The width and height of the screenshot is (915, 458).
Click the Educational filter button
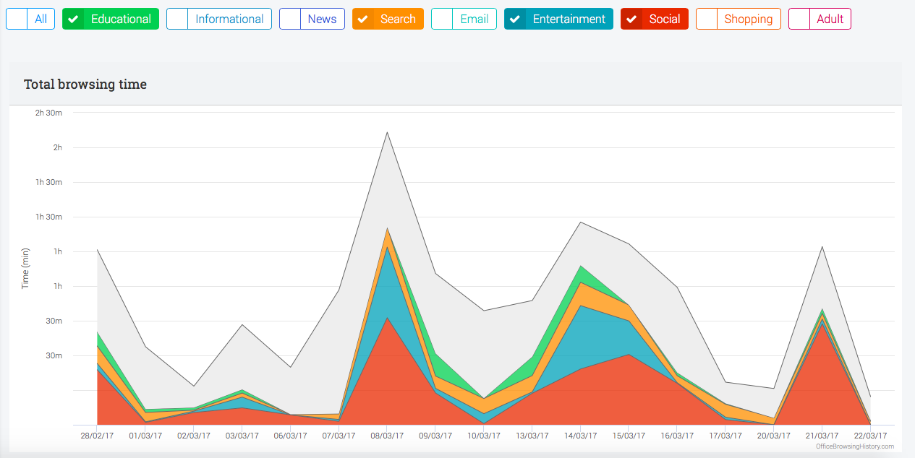coord(111,19)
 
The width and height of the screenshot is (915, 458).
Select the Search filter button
coord(388,19)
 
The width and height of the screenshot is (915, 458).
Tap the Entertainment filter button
coord(558,19)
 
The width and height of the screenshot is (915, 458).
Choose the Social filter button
coord(654,19)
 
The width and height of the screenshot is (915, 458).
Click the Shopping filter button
coord(739,19)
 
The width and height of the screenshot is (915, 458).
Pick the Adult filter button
coord(820,19)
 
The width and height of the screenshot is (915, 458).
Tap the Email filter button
coord(464,19)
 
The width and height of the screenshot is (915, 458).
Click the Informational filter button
coord(219,19)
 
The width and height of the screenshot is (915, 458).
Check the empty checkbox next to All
coord(17,19)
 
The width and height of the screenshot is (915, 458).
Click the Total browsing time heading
coord(85,85)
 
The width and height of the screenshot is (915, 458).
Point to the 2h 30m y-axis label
coord(48,113)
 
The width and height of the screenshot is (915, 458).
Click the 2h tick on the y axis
coord(57,147)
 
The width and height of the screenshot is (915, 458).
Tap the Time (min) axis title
coord(25,269)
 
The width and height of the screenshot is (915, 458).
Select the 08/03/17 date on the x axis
coord(387,436)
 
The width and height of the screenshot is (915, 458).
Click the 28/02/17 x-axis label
coord(97,436)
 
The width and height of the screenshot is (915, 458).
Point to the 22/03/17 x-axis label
coord(870,436)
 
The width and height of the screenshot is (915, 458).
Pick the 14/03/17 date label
coord(580,436)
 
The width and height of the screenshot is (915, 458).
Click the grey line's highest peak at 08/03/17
coord(388,132)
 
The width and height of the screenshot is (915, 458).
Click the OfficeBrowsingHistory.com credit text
coord(854,446)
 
